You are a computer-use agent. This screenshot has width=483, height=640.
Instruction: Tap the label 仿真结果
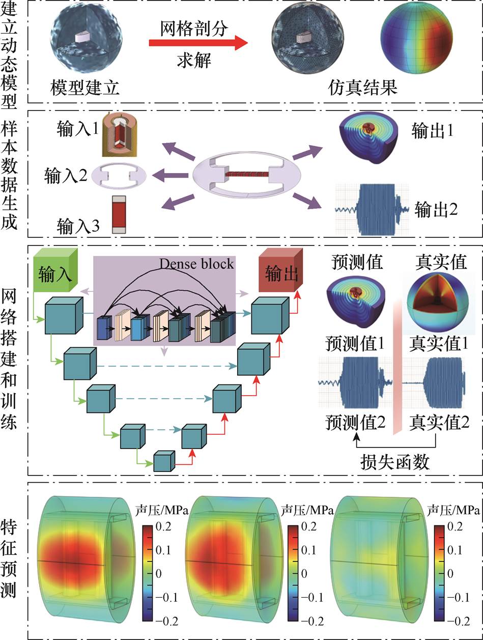[x=362, y=89]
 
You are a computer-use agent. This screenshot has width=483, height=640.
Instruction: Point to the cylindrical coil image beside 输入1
[x=121, y=135]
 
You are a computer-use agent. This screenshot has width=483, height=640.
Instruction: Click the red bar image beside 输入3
[x=119, y=214]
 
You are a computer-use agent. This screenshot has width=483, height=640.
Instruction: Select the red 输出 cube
[x=280, y=272]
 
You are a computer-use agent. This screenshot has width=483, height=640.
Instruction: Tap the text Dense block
[x=197, y=264]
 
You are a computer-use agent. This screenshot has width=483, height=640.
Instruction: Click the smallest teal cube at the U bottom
[x=164, y=461]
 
